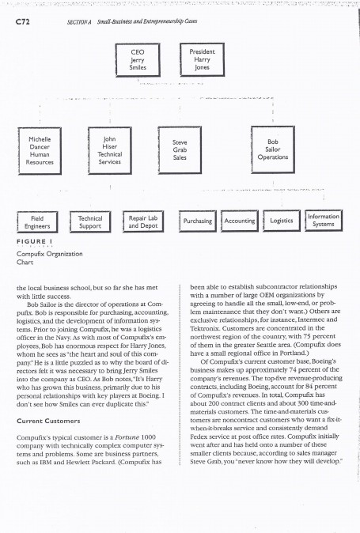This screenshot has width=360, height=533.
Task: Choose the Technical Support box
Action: tap(92, 221)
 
